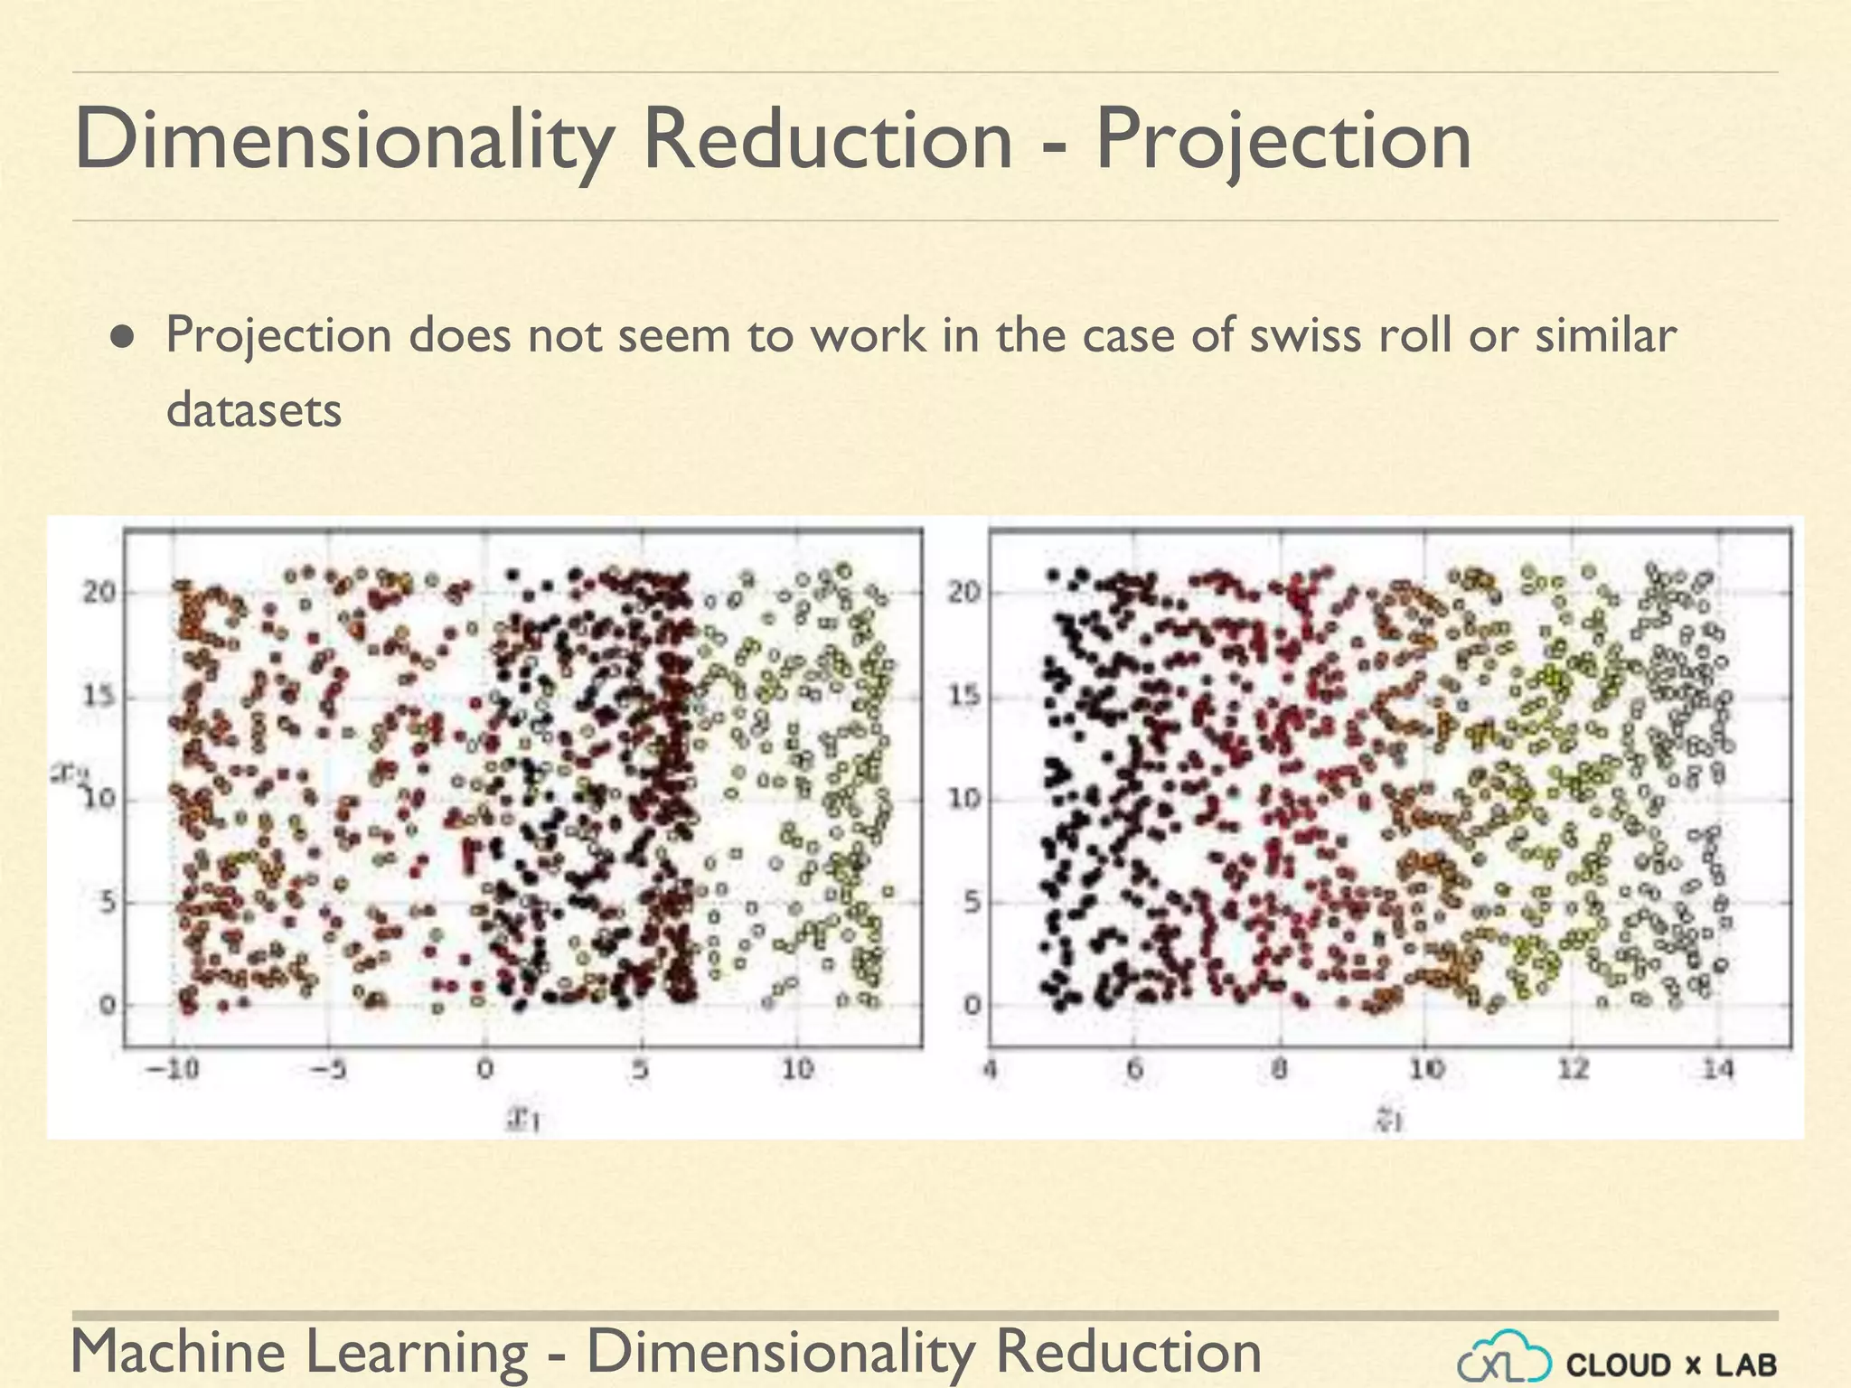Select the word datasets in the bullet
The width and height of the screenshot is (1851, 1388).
[254, 410]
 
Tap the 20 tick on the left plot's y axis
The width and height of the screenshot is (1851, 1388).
[99, 593]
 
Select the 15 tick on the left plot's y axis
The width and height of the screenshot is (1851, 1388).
[99, 697]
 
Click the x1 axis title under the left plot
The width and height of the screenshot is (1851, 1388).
[523, 1121]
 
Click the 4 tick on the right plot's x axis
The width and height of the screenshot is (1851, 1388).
[990, 1070]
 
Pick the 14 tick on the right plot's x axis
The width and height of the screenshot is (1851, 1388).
[1718, 1070]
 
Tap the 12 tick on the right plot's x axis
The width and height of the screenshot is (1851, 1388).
[1573, 1070]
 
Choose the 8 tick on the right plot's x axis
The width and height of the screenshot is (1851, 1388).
[1279, 1070]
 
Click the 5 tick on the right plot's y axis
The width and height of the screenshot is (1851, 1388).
[972, 902]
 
